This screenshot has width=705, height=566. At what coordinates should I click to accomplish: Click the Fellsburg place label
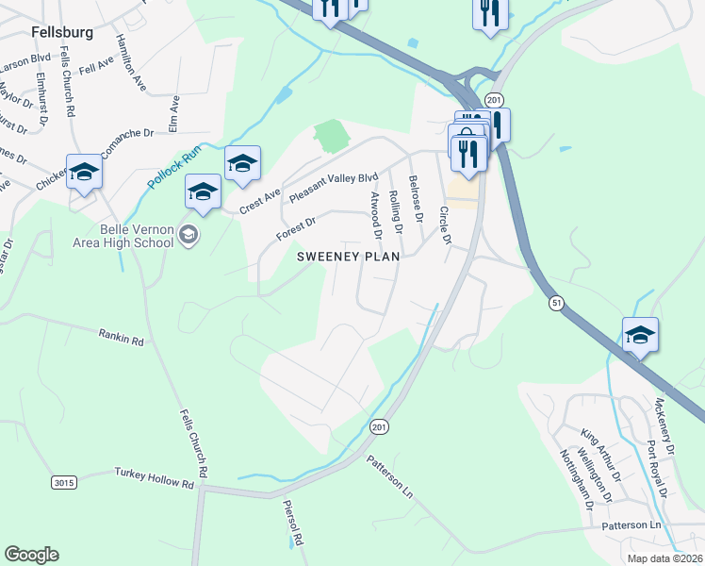click(62, 31)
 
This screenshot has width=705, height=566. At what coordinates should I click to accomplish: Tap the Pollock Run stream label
click(174, 166)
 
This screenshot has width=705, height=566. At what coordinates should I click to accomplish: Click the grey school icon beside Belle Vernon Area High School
click(189, 235)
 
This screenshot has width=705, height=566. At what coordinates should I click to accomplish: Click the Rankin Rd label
click(121, 335)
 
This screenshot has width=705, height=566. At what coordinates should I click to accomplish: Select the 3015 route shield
click(63, 482)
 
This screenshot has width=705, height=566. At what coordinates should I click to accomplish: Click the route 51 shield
click(557, 302)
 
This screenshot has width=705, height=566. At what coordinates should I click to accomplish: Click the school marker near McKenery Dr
click(640, 336)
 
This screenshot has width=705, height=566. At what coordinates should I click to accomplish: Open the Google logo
click(31, 554)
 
